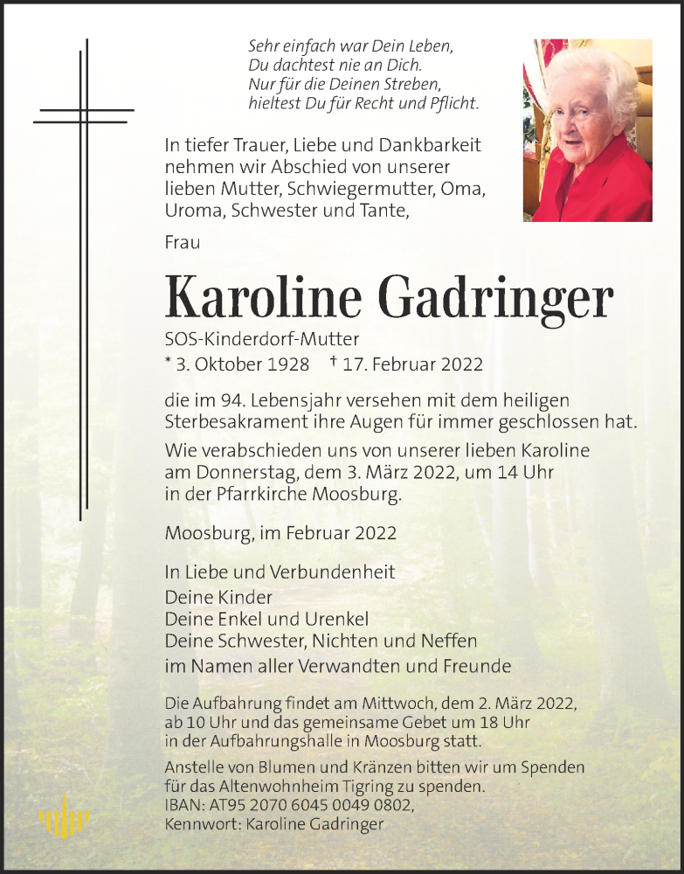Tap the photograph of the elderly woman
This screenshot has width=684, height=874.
(587, 130)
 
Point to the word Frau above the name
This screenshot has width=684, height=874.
(182, 242)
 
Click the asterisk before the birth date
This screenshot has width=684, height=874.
(168, 361)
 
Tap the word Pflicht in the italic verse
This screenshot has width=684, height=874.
(456, 103)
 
